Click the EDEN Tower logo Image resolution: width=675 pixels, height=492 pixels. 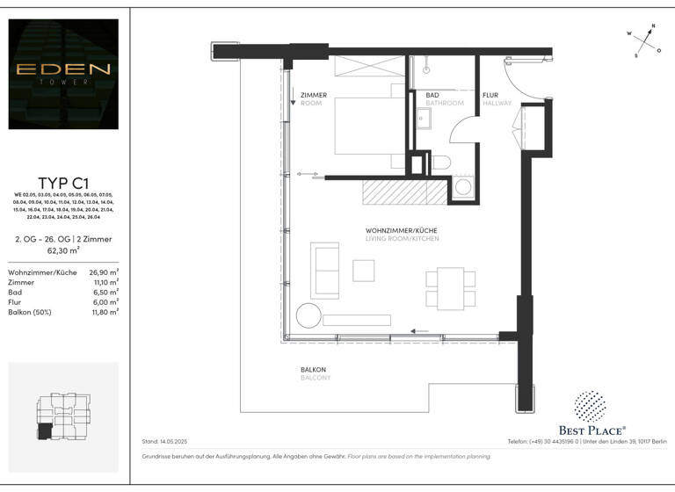[x=63, y=74]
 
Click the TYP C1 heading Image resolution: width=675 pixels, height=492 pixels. [x=63, y=183]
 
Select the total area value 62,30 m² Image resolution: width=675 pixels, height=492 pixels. [x=63, y=250]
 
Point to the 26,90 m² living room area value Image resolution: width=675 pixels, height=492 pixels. [x=105, y=272]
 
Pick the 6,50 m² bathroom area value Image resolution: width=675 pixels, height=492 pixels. [x=106, y=293]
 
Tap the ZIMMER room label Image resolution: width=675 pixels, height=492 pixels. [x=314, y=95]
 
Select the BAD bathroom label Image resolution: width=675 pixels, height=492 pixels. [x=432, y=95]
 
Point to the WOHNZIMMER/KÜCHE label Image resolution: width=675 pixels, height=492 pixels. [x=402, y=231]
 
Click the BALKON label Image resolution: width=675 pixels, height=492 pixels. [x=314, y=370]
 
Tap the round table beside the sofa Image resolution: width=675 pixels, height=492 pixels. [x=308, y=315]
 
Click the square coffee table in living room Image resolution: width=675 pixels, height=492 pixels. [x=364, y=270]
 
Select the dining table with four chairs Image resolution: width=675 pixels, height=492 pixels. [x=450, y=289]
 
